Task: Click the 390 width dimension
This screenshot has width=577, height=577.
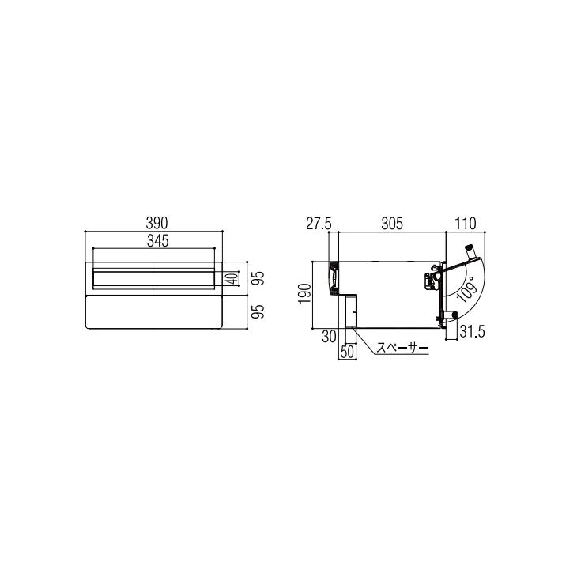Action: pos(157,223)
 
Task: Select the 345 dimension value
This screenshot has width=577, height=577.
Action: pos(158,241)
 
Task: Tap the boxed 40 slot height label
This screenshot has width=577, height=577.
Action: pos(232,278)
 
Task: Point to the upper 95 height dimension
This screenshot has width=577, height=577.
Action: pos(259,278)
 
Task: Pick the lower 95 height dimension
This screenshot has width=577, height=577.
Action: pos(259,311)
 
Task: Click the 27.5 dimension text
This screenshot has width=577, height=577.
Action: pos(319,224)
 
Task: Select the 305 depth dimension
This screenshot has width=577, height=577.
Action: pos(392,224)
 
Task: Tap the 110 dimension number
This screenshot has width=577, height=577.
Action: pos(466,224)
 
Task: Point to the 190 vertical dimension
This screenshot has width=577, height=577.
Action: pos(304,294)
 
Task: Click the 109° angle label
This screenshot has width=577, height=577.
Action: pos(466,291)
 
